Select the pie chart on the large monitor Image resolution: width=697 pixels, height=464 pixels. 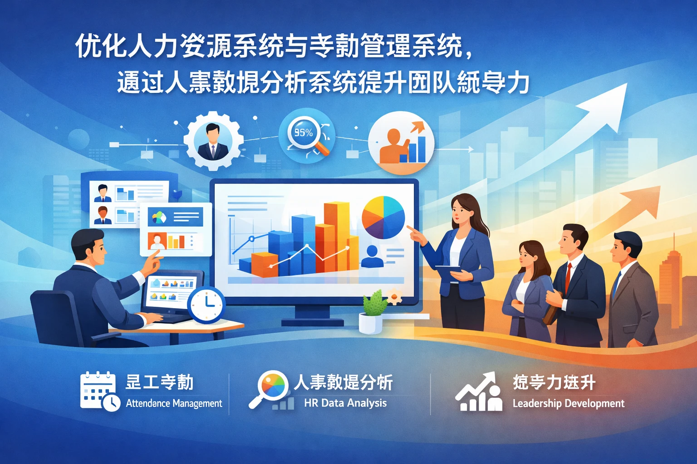tap(383, 217)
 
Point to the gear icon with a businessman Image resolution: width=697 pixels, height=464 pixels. tap(212, 140)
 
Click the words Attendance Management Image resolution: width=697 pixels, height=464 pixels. tap(174, 403)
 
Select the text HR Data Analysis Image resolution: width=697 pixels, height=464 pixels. tap(345, 403)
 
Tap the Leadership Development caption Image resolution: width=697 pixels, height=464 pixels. tap(568, 403)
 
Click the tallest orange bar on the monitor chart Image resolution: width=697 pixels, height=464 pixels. tap(337, 236)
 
